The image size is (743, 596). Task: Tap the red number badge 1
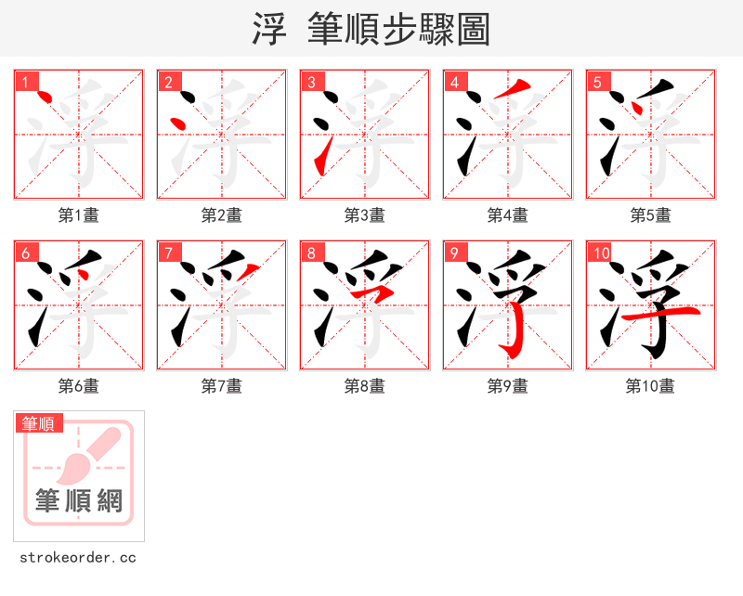pos(25,82)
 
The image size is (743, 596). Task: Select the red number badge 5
pos(597,82)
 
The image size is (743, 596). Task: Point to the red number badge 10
pos(601,253)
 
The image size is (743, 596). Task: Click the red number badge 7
pos(168,253)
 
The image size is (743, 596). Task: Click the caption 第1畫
pos(79,215)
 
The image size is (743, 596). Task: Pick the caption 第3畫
pos(365,215)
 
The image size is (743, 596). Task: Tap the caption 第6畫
pos(79,386)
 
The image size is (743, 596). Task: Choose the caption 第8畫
pos(365,386)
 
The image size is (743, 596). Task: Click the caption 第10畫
pos(650,386)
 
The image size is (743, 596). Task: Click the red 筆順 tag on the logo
pos(40,423)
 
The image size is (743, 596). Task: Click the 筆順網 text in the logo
pos(79,501)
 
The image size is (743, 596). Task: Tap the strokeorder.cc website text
pos(78,558)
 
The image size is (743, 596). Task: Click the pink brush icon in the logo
pos(93,453)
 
